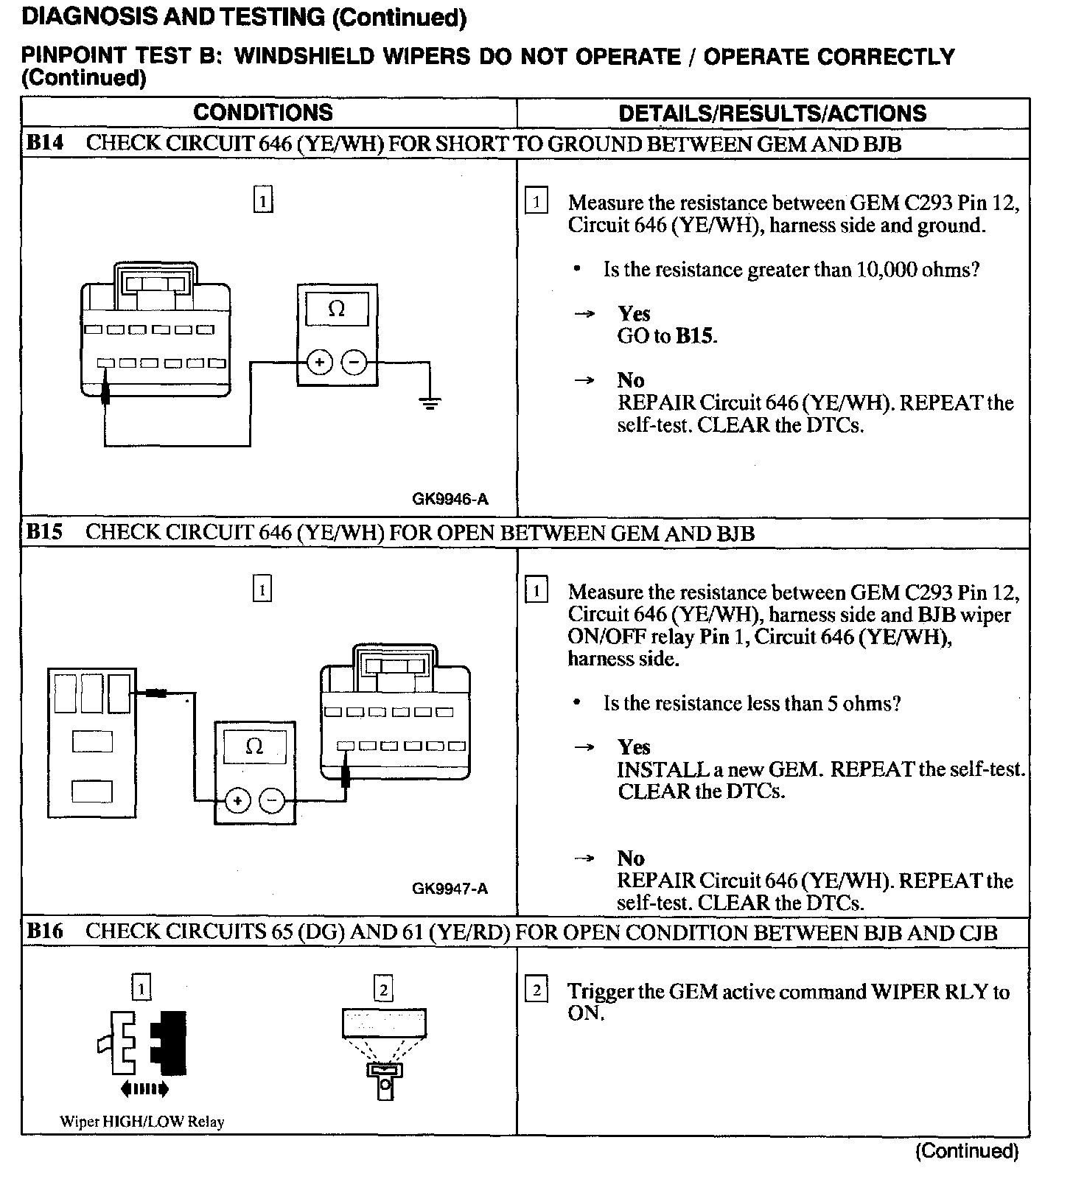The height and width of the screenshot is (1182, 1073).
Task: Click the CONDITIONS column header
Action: pos(263,113)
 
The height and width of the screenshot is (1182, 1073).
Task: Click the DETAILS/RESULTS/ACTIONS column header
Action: pos(772,113)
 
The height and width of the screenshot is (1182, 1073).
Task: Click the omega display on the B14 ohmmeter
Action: pos(337,310)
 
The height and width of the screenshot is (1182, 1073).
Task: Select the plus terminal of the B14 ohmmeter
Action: pos(320,363)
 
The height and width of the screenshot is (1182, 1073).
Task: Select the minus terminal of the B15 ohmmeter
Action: pos(272,800)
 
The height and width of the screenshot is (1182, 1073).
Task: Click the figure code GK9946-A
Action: pos(450,500)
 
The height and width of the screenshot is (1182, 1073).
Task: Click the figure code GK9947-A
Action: pos(450,888)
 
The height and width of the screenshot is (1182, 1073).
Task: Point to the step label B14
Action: pos(44,143)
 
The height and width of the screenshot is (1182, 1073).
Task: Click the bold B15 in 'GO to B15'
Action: pos(696,337)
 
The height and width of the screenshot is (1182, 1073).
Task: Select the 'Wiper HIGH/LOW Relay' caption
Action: pos(141,1122)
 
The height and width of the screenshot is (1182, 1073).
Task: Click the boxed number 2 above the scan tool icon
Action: pos(383,988)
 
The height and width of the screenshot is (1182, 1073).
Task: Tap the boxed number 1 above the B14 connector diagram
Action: pos(262,200)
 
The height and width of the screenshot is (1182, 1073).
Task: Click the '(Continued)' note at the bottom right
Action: pos(966,1151)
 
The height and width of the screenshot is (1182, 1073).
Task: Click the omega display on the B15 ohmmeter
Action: pos(254,747)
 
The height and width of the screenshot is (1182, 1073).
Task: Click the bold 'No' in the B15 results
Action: pos(631,858)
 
